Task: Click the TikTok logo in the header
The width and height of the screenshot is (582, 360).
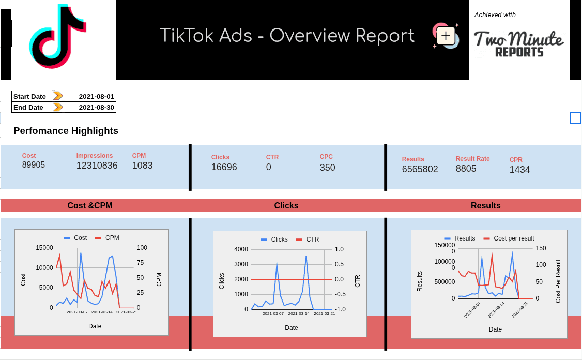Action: [x=57, y=37]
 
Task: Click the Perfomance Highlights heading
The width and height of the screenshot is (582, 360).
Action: [x=66, y=131]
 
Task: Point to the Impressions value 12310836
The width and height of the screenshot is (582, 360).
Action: [x=97, y=166]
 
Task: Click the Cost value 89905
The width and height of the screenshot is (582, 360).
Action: [x=34, y=165]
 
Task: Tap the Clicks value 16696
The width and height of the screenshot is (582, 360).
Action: [x=224, y=167]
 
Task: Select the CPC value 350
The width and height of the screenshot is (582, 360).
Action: [x=327, y=168]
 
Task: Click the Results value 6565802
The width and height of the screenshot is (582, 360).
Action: [x=420, y=169]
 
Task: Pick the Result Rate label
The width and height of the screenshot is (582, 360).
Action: [x=472, y=159]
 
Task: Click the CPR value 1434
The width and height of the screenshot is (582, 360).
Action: [x=519, y=170]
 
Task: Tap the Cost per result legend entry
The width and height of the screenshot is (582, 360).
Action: [x=513, y=238]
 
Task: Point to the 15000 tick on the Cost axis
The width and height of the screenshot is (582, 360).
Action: [x=44, y=248]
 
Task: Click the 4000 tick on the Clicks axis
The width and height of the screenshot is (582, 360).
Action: [x=241, y=249]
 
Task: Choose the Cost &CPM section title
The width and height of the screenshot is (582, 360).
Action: [x=90, y=206]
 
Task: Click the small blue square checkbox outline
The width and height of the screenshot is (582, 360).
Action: [x=576, y=118]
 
